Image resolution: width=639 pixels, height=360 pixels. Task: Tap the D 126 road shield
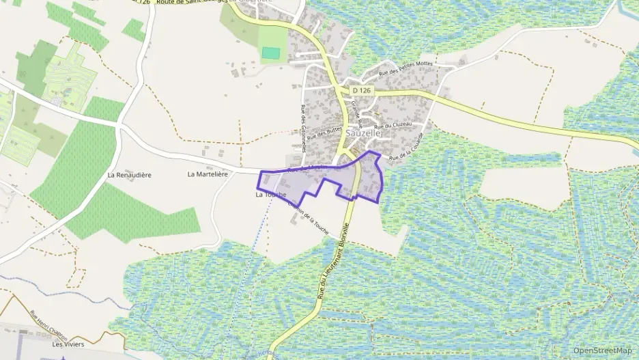[x=362, y=90]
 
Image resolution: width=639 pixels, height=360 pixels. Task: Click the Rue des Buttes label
[x=324, y=128]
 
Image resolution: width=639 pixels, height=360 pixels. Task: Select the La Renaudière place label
[x=129, y=175]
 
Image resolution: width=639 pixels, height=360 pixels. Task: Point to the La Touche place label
[x=270, y=195]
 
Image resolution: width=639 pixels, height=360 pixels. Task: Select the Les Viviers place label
[x=68, y=344]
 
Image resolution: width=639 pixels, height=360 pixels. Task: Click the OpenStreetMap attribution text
[x=603, y=350]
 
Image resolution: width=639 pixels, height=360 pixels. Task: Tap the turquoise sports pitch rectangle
[x=272, y=53]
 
